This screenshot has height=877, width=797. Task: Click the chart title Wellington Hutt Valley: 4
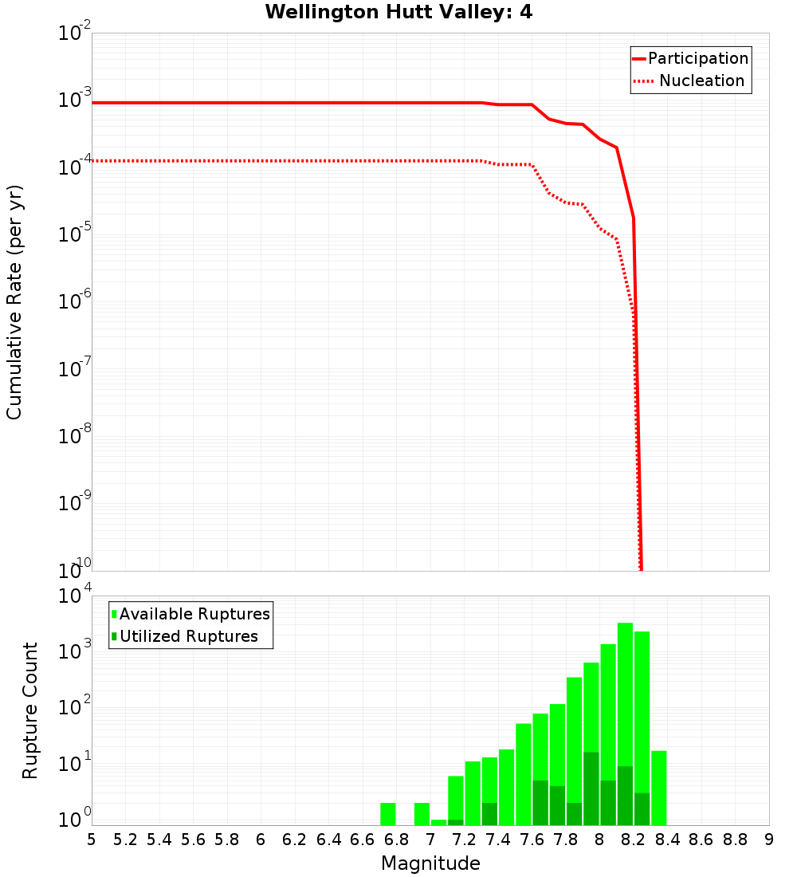(398, 12)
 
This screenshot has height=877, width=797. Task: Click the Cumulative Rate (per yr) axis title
(14, 302)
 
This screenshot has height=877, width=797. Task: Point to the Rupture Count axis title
(30, 710)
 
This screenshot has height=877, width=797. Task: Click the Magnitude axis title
(430, 863)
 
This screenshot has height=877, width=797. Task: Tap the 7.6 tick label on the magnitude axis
(532, 840)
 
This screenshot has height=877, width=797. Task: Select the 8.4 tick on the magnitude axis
(667, 840)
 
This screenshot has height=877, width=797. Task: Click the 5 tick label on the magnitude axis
(92, 840)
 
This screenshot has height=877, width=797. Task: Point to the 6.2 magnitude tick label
(295, 840)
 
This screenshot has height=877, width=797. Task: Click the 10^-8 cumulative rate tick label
(75, 436)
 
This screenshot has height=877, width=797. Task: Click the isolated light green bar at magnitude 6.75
(388, 814)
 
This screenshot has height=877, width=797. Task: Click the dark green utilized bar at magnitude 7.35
(489, 814)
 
